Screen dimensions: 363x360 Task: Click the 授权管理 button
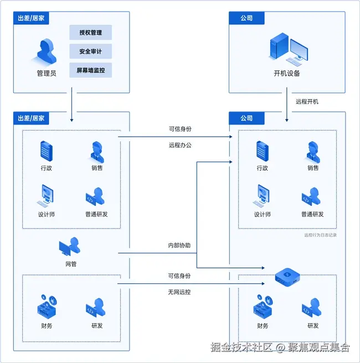pos(90,33)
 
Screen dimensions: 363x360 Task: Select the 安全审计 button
pos(90,51)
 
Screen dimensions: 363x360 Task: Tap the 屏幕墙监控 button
pos(90,70)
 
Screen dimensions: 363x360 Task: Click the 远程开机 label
pos(307,101)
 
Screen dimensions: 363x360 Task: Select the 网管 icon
pos(70,247)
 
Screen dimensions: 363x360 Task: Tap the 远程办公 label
pos(180,146)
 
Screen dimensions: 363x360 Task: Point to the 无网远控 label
pos(179,292)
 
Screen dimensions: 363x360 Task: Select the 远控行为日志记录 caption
pos(320,235)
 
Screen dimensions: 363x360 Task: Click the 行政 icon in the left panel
pos(47,150)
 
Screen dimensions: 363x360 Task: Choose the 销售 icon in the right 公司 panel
pos(313,150)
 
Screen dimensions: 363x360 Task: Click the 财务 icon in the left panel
pos(46,306)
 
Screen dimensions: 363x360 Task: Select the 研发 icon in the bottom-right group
pos(313,308)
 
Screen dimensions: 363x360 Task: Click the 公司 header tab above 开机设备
pos(246,18)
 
